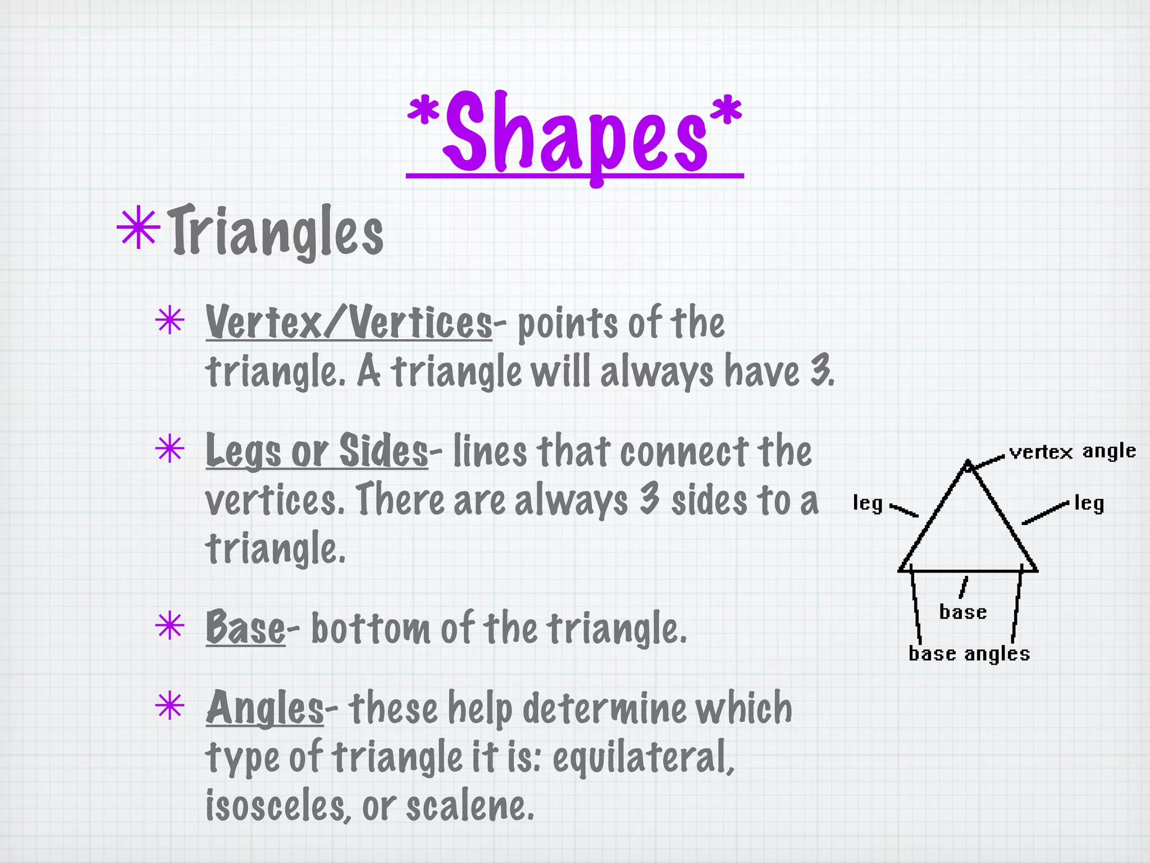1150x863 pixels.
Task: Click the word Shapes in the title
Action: [575, 135]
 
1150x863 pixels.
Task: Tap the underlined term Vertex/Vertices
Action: [348, 323]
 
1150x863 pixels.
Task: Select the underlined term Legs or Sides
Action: [316, 451]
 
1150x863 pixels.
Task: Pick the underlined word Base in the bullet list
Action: [245, 628]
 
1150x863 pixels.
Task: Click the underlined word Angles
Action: [264, 708]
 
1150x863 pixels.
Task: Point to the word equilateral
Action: [643, 757]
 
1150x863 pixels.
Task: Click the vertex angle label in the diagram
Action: [1072, 452]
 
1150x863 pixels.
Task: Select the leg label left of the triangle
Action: [868, 503]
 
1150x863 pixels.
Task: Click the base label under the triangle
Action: [963, 612]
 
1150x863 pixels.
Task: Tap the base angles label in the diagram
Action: [969, 654]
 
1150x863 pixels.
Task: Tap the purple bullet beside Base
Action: [170, 626]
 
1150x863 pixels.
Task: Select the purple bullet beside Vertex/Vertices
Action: [170, 321]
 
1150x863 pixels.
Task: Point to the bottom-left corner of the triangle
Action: [900, 570]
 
